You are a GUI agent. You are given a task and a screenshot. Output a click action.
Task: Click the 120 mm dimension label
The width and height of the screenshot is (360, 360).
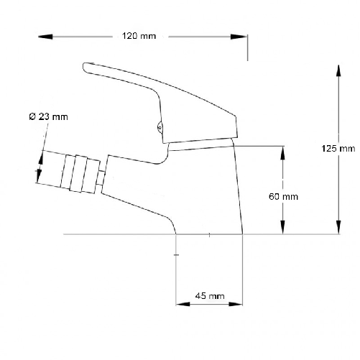(x=138, y=36)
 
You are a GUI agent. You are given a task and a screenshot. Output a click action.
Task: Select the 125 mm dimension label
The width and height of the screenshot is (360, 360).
(x=338, y=149)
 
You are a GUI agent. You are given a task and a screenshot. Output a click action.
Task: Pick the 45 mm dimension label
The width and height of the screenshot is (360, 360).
(x=211, y=296)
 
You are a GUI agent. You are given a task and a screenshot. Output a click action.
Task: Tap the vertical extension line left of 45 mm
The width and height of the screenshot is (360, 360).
(x=177, y=273)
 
